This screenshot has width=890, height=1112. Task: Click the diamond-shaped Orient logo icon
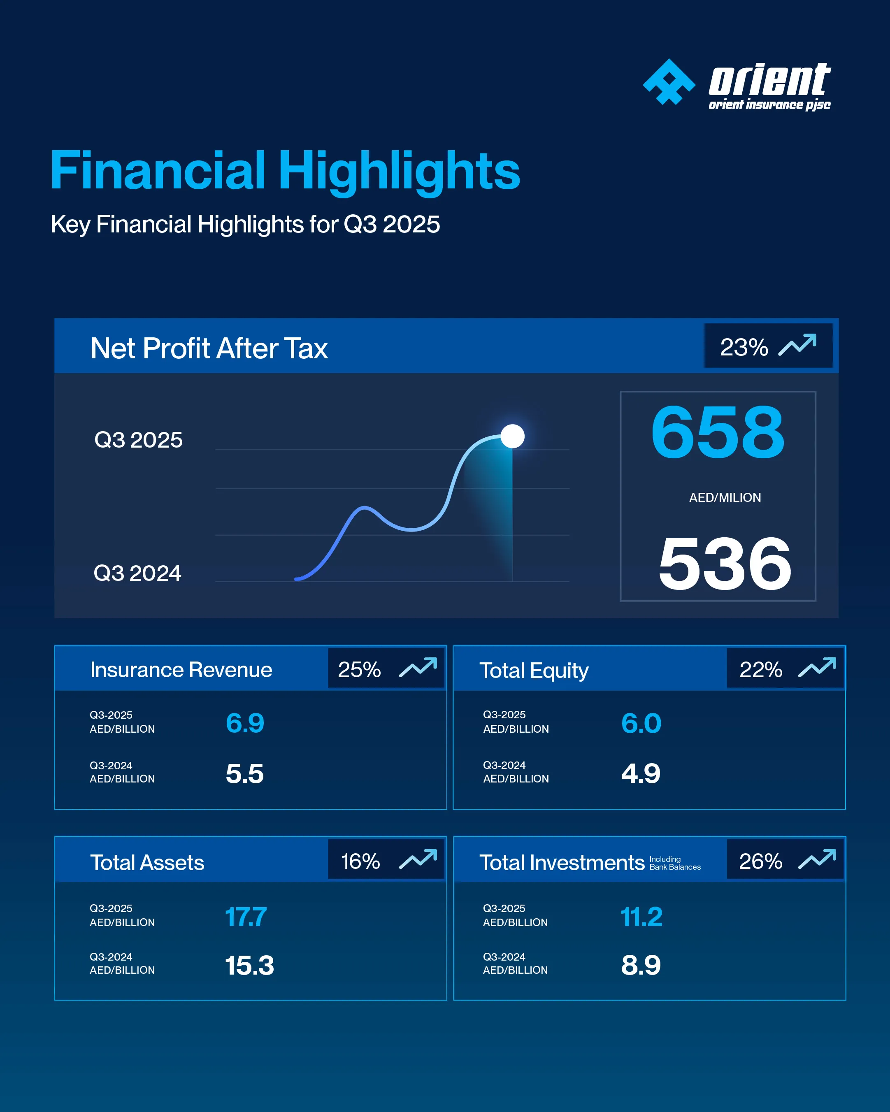[669, 83]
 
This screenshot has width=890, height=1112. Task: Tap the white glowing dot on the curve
[512, 436]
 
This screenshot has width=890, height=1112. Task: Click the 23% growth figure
[744, 347]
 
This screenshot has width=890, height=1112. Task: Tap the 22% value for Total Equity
[760, 669]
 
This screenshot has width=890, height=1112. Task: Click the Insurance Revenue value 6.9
[245, 722]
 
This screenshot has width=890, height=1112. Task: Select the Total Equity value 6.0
[641, 722]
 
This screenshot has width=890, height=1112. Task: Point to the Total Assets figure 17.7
[246, 917]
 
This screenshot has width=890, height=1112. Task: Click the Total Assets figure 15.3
[249, 966]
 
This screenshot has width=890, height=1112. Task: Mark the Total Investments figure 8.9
[641, 966]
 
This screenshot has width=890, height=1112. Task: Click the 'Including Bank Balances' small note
[674, 863]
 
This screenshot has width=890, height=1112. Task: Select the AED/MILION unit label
[725, 498]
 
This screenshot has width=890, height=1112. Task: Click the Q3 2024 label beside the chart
[137, 573]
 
